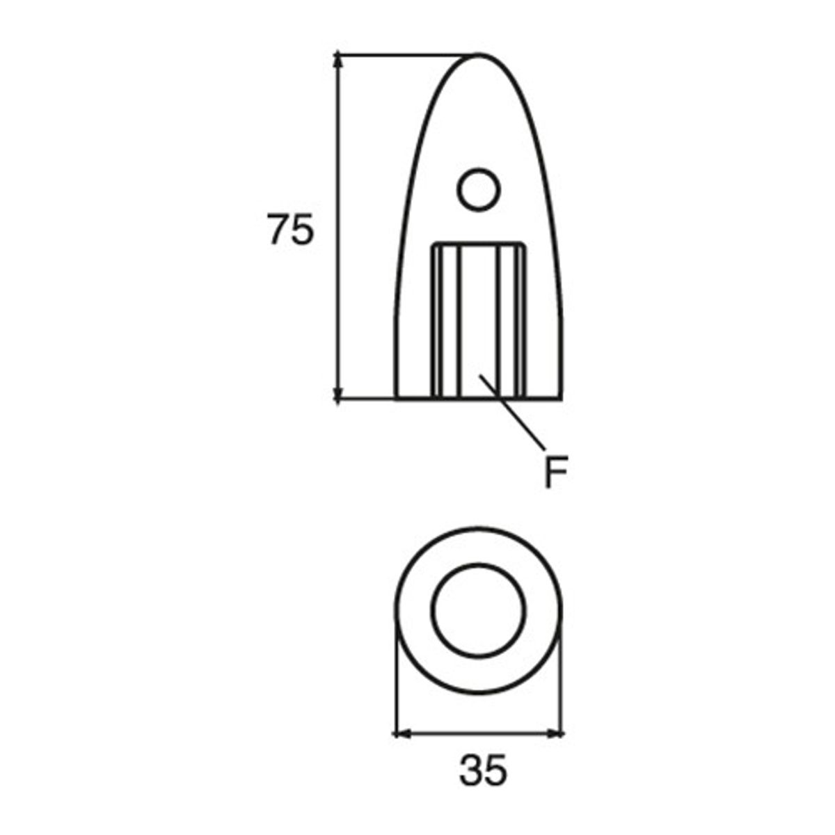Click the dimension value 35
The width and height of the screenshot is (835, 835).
click(x=484, y=772)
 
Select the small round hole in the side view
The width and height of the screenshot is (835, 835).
click(x=479, y=189)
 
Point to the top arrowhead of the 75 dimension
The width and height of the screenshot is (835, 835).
click(x=339, y=60)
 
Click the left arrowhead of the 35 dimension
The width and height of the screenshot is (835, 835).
click(x=401, y=732)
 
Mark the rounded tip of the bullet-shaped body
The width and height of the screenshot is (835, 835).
click(x=480, y=56)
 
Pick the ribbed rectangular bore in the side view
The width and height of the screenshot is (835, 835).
click(x=478, y=320)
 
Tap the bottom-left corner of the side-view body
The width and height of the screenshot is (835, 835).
click(x=395, y=399)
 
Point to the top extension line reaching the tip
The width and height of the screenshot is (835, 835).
click(x=404, y=53)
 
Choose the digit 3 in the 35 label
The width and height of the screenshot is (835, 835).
click(x=471, y=772)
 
